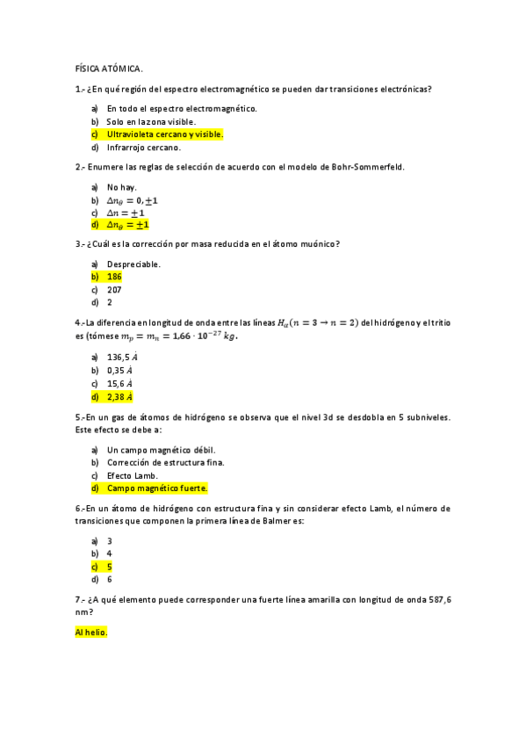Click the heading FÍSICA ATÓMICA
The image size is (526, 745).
coord(108,68)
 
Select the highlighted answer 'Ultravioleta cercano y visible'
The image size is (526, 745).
coord(164,134)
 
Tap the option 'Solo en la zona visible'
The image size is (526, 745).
coord(151,121)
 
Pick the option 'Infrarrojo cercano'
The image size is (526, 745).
coord(143,148)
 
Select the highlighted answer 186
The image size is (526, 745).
coord(114,277)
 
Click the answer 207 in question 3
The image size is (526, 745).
coord(114,289)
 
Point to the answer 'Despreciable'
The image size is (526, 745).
coord(133,264)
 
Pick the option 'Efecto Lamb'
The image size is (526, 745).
coord(133,475)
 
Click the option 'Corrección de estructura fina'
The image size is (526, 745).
coord(165,462)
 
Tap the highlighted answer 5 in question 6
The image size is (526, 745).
coord(110,567)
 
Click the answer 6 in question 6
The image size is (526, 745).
coord(110,580)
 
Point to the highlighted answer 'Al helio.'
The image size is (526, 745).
coord(91,633)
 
